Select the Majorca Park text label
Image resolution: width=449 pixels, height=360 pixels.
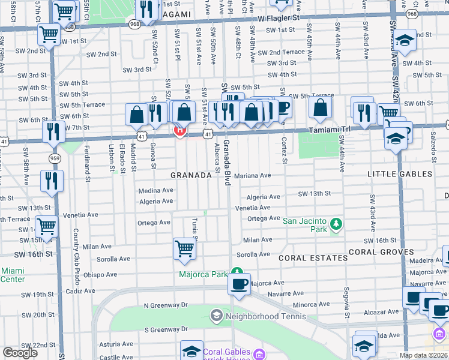203,275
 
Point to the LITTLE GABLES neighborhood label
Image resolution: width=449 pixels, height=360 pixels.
399,174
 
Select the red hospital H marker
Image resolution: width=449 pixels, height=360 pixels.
178,130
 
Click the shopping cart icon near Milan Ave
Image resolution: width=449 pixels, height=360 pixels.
185,248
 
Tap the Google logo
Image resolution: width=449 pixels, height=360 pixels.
20,353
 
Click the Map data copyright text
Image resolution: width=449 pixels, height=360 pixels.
423,356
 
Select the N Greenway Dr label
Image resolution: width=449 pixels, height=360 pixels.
166,305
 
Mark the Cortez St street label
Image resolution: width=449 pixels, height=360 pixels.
285,150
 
